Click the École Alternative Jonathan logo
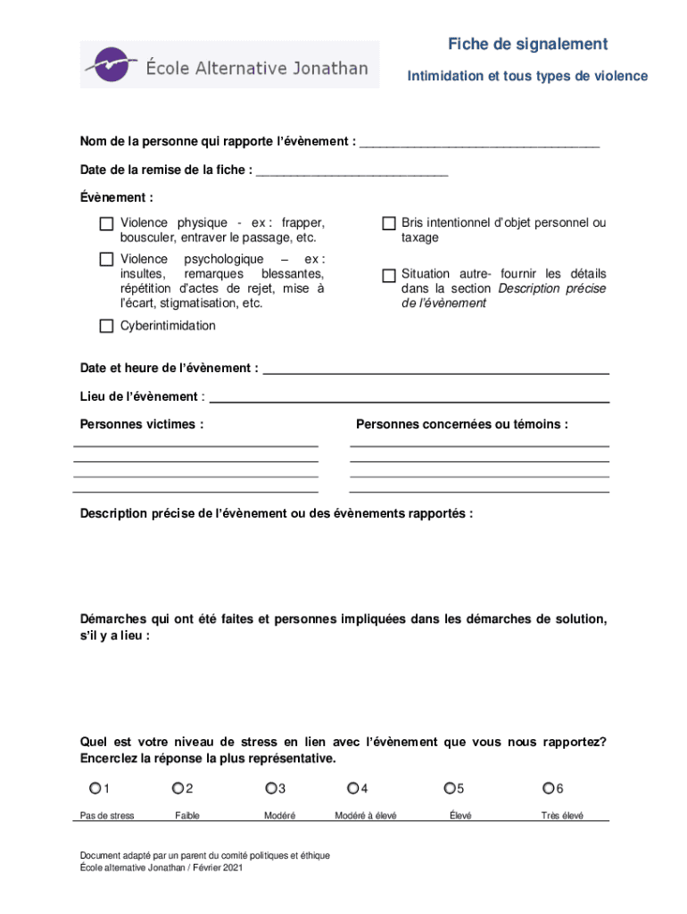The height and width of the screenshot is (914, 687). tap(229, 65)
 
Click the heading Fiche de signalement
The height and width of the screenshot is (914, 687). tap(527, 45)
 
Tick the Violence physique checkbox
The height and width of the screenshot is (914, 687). tap(106, 223)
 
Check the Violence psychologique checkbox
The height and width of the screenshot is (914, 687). tap(106, 259)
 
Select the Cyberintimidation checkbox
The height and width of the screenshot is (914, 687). tap(106, 326)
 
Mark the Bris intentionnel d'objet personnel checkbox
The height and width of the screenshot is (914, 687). tap(389, 223)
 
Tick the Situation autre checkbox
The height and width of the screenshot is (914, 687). tap(389, 276)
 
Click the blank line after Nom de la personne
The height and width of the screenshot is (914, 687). tap(479, 143)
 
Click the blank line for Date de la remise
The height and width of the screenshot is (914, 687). tap(352, 171)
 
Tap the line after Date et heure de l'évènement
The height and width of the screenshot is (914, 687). tap(436, 370)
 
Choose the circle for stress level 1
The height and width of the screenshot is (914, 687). tap(95, 788)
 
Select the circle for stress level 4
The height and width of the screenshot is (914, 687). tap(353, 788)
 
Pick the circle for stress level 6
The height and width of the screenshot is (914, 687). tap(548, 788)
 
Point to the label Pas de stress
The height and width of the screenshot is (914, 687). tap(107, 816)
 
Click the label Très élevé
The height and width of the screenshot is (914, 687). tap(562, 816)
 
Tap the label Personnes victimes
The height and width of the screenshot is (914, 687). tap(142, 425)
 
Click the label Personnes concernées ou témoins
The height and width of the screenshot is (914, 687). tap(462, 425)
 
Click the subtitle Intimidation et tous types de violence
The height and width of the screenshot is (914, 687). tap(527, 77)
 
